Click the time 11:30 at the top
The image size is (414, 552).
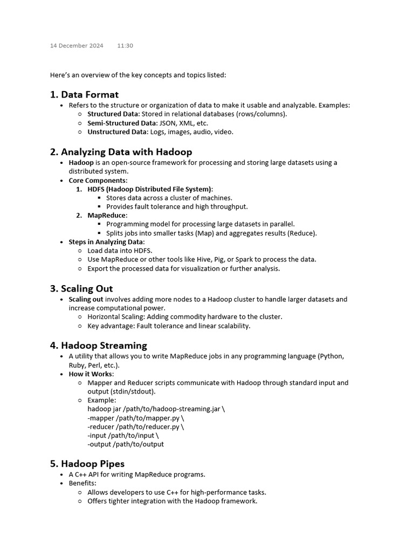click(x=125, y=46)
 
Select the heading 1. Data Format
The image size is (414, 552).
click(x=84, y=95)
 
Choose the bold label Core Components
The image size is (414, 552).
click(x=98, y=180)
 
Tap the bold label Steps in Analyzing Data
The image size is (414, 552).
click(x=106, y=242)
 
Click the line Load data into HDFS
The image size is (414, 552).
click(x=120, y=251)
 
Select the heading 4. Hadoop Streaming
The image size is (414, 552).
click(x=99, y=345)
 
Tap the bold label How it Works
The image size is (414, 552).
click(x=91, y=374)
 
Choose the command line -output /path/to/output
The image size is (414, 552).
click(x=126, y=444)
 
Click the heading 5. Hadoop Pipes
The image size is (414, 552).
click(x=87, y=464)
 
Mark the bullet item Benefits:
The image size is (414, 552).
click(x=82, y=483)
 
